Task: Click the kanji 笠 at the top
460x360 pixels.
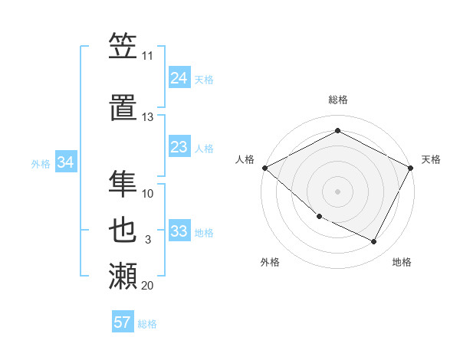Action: (123, 47)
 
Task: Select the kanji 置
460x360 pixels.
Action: (123, 109)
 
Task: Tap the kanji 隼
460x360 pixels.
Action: (123, 184)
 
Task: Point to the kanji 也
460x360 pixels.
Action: (123, 231)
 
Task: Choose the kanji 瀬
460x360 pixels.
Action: (123, 277)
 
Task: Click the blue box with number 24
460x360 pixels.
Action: (179, 78)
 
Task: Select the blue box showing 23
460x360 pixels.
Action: (179, 147)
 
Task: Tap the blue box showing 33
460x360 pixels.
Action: (179, 231)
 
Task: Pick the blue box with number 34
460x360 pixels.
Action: (66, 162)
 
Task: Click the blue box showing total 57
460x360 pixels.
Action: (122, 322)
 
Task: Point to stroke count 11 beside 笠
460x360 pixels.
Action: (147, 56)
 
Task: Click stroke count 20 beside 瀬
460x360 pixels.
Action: (147, 286)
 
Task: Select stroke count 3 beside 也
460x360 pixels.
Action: (147, 240)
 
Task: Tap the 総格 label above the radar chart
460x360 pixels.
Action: (337, 100)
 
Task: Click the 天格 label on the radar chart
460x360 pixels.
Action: (431, 159)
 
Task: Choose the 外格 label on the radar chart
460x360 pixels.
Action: (270, 262)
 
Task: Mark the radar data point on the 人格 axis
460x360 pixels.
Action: (264, 168)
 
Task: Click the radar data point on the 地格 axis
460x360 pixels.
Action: (374, 241)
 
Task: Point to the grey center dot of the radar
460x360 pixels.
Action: (337, 191)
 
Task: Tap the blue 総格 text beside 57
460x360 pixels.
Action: (147, 324)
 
